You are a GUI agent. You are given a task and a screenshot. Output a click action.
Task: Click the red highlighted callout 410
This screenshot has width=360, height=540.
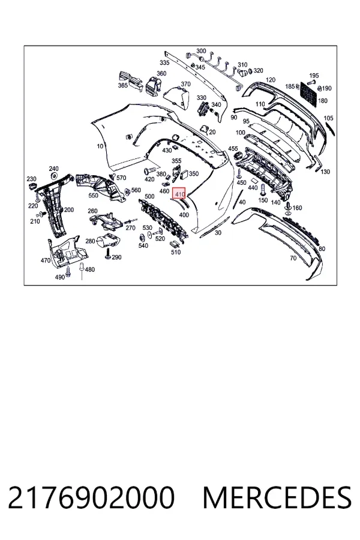tap(179, 194)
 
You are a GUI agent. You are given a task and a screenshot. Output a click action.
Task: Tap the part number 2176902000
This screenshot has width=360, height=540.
tap(91, 497)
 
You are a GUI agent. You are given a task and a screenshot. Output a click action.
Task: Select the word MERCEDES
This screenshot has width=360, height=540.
tap(277, 497)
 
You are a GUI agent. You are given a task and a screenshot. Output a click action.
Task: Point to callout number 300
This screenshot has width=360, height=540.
tap(201, 51)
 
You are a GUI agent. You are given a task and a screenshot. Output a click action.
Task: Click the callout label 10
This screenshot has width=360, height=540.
tap(100, 146)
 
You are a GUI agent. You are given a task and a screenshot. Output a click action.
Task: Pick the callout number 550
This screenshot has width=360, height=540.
tap(93, 195)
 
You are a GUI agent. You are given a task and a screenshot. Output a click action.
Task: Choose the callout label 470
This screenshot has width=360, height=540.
tap(46, 260)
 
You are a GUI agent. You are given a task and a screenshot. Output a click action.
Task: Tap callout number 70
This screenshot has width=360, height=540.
tap(293, 257)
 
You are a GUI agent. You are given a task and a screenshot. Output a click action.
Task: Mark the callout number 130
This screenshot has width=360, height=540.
tap(325, 172)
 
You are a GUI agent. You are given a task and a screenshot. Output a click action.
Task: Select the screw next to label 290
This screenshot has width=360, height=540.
tap(108, 254)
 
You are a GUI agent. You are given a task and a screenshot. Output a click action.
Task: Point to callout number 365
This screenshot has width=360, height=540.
tap(123, 85)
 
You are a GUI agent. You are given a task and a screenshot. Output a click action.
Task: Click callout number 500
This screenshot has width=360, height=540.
tap(149, 196)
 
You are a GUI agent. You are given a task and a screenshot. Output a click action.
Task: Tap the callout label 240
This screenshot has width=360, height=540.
tap(53, 169)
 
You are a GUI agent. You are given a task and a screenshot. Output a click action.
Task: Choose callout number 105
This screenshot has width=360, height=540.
tap(329, 118)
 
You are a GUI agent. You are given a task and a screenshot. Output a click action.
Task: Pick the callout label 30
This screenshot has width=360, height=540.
tap(218, 233)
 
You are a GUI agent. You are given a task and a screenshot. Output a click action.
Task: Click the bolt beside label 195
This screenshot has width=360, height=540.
tap(313, 82)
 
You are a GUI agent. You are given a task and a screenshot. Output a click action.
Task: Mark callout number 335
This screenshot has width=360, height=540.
tap(164, 62)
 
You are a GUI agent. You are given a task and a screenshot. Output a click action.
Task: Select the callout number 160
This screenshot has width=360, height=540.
tap(297, 208)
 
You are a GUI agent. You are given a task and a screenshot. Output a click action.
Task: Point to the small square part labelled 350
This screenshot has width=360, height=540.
tap(184, 175)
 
